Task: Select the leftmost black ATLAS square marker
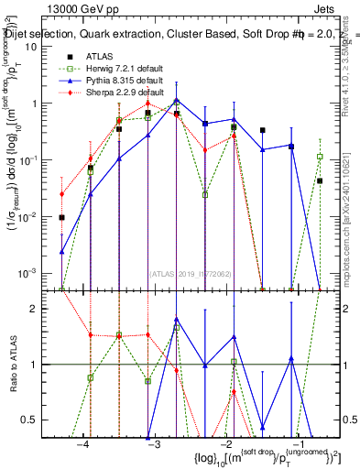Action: [x=61, y=218]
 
